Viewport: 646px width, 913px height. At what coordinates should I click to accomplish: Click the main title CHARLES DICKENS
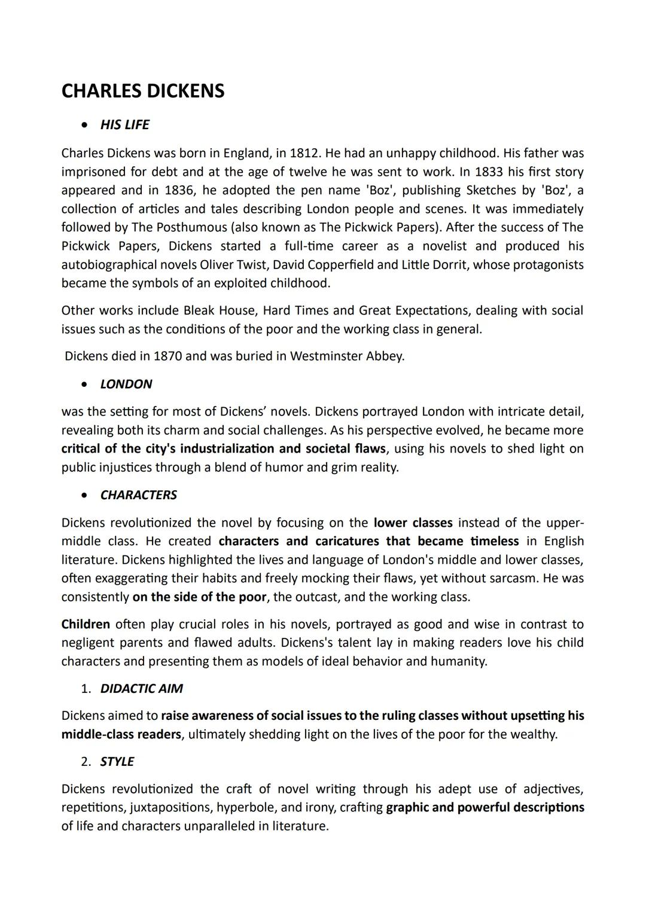pos(143,91)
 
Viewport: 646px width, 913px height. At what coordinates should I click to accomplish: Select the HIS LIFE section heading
pos(124,125)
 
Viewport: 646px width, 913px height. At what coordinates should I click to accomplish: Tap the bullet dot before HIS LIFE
pos(87,125)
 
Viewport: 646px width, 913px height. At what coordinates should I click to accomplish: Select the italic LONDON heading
pos(126,384)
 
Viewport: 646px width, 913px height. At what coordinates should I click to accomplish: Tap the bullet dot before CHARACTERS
pos(87,495)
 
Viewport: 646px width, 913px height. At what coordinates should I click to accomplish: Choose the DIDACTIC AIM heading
pos(141,689)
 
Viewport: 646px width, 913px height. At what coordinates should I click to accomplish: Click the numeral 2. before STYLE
pos(86,762)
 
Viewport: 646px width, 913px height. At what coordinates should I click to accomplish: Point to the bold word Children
pos(86,624)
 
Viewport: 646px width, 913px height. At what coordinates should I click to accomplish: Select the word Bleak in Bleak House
pos(199,310)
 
